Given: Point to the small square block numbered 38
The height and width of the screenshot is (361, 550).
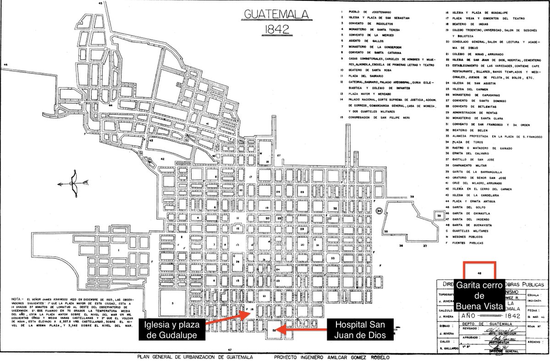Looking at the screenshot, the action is pos(439,215).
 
